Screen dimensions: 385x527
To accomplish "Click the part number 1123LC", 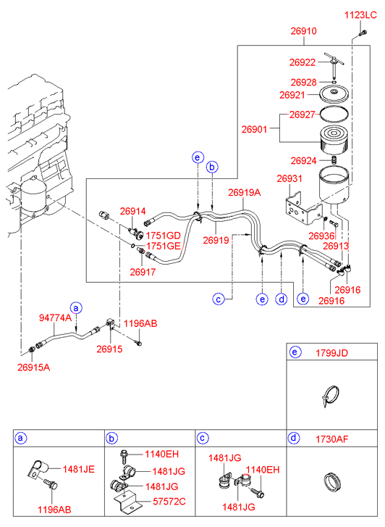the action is point(360,15).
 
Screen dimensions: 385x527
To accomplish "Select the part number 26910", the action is point(303,31).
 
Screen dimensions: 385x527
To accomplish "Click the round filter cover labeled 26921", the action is point(334,94).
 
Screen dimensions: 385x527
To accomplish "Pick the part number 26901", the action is point(255,129).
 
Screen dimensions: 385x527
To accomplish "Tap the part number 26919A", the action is point(245,193).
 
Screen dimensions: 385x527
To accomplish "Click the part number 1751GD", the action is point(163,236).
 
